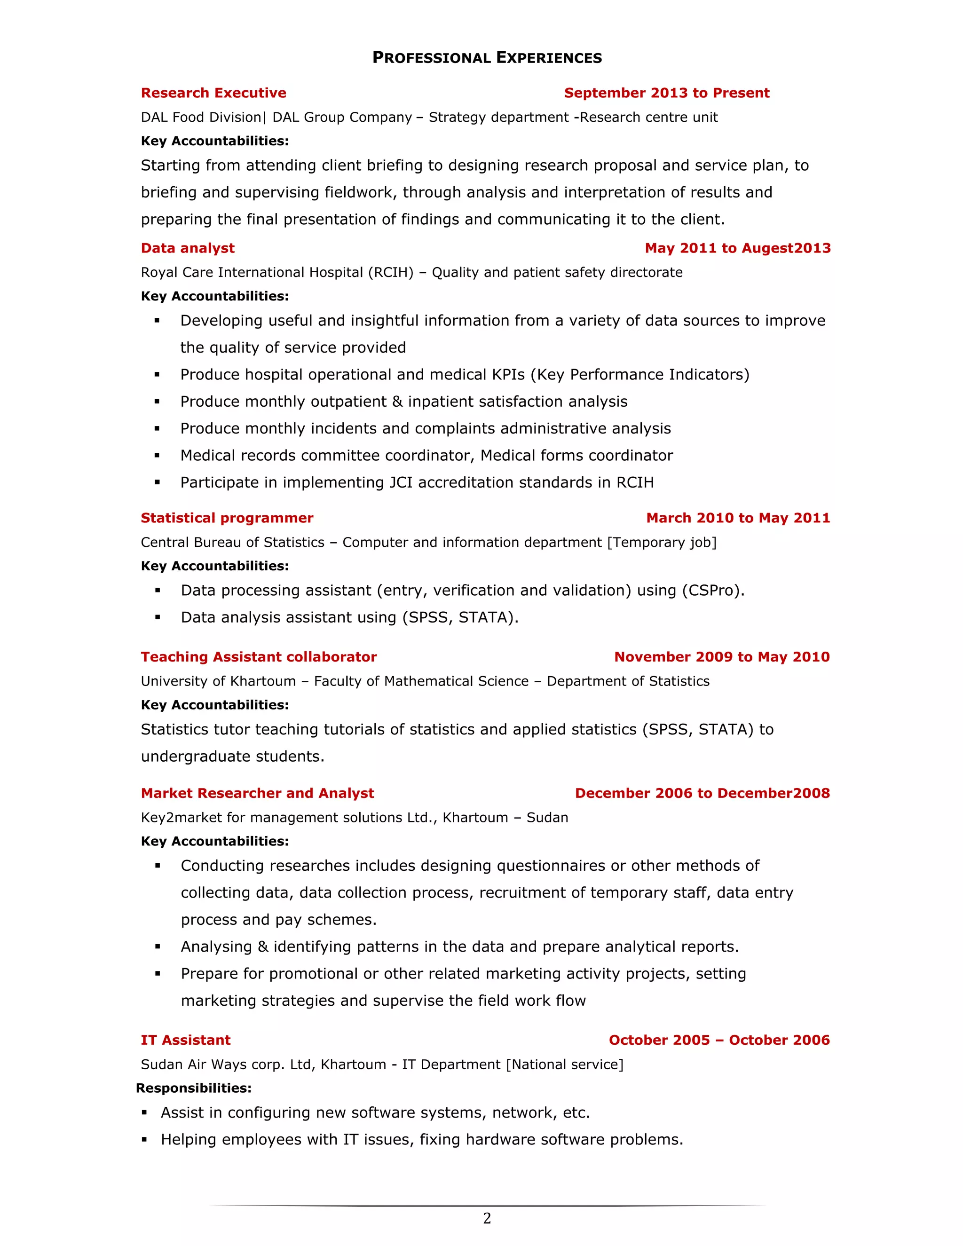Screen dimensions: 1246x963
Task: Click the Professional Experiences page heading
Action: [x=487, y=58]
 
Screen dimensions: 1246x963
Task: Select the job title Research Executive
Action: [x=213, y=93]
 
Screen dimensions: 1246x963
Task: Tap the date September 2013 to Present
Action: [x=666, y=93]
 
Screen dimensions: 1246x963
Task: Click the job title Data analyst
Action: [x=187, y=248]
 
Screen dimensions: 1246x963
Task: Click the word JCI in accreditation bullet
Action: [x=401, y=483]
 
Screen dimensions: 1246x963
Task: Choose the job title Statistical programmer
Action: [x=227, y=518]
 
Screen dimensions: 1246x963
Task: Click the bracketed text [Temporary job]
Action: [x=661, y=543]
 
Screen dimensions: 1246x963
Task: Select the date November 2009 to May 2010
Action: [x=722, y=657]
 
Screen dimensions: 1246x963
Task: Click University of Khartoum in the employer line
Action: [x=218, y=681]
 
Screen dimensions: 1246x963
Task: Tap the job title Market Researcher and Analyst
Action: [x=257, y=794]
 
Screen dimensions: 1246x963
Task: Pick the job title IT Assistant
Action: [x=185, y=1041]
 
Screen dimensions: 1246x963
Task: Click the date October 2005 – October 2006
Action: [x=719, y=1041]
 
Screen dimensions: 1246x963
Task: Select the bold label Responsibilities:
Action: [x=193, y=1088]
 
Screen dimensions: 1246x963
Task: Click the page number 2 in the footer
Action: [x=487, y=1219]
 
